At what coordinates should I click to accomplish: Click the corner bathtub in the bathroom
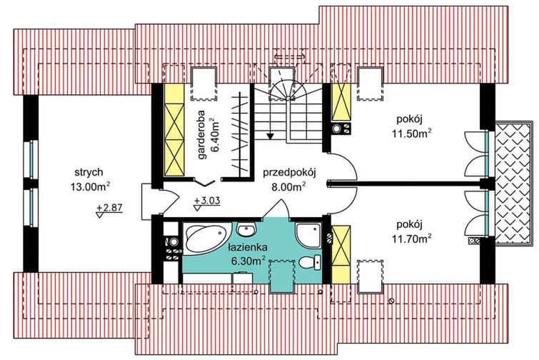coord(205,237)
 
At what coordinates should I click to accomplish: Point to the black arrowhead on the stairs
coord(270,135)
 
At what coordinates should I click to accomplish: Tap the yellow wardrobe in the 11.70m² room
coord(341,254)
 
